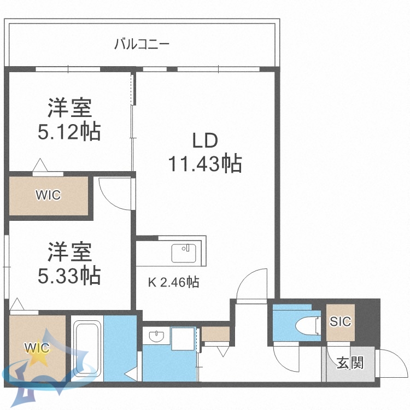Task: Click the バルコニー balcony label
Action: click(142, 44)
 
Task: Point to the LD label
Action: click(205, 140)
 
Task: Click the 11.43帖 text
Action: click(205, 163)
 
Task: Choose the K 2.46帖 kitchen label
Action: click(173, 282)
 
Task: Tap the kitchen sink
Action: click(183, 253)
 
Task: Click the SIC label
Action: click(340, 321)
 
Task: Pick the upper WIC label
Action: click(48, 195)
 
